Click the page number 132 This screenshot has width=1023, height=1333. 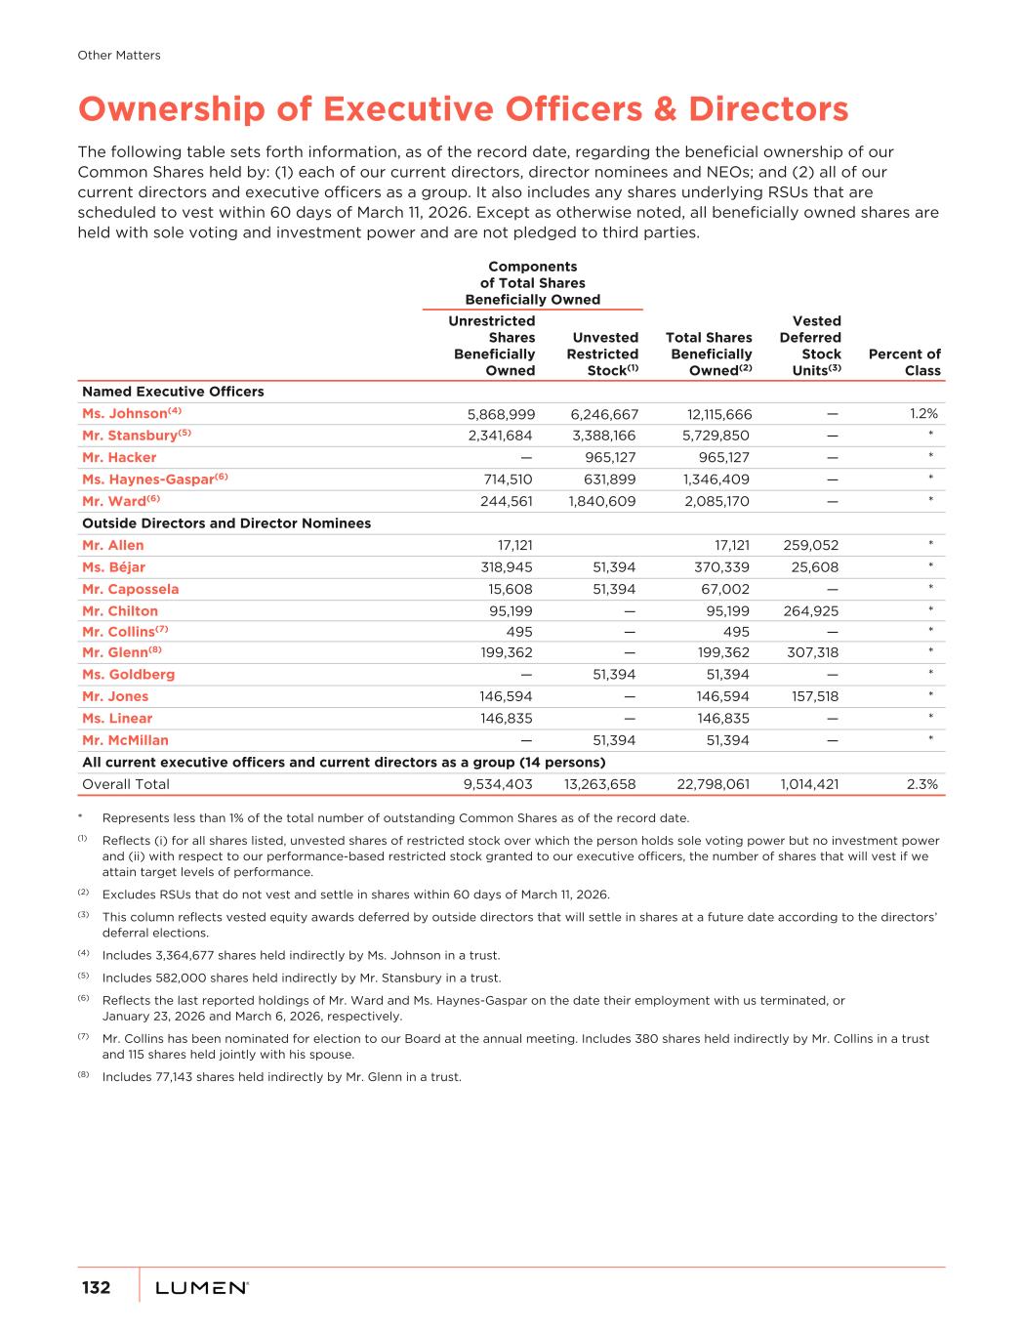96,1287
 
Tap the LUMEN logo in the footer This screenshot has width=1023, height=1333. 202,1288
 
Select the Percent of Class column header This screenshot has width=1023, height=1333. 904,362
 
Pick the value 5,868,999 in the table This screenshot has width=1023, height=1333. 501,414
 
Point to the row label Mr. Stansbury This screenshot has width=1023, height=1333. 130,436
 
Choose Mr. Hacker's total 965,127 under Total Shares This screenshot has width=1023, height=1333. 716,458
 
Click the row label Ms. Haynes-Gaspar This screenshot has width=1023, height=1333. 148,479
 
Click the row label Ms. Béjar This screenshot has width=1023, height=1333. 113,567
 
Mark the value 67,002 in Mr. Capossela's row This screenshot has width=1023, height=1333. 723,590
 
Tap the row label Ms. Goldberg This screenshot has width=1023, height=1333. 128,675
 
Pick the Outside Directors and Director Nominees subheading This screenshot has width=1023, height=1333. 226,523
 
